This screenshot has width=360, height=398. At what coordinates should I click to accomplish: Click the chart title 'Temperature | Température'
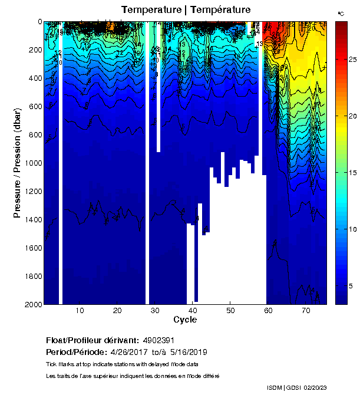point(186,10)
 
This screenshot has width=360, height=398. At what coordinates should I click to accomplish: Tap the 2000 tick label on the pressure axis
point(32,304)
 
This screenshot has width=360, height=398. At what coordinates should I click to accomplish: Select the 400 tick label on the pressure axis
point(35,78)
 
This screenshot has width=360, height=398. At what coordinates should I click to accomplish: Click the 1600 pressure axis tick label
point(32,248)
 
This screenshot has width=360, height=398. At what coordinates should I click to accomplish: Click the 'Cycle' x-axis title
point(185,320)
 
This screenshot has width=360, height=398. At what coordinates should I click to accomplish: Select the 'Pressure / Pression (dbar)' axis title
point(17,162)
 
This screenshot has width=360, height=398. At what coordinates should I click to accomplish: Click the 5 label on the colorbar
point(351,285)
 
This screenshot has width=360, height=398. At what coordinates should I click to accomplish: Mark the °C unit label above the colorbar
point(341,13)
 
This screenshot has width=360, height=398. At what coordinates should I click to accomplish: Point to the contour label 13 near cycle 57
point(259,44)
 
